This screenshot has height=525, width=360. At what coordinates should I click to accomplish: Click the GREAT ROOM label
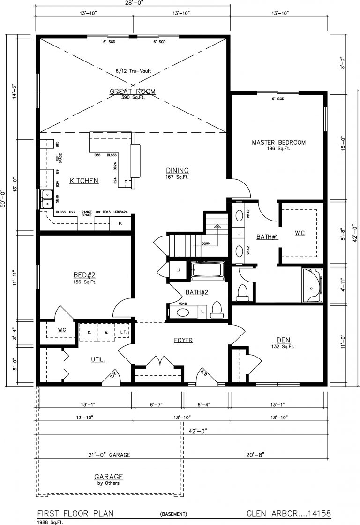132,91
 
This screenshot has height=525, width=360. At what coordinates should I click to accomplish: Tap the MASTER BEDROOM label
278,142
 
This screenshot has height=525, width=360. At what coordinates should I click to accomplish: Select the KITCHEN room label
84,181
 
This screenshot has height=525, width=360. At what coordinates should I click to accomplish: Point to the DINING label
177,170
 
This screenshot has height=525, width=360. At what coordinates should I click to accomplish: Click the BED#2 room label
84,275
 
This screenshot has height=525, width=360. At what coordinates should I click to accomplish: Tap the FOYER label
183,340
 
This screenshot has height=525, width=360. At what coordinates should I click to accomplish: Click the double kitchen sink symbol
47,199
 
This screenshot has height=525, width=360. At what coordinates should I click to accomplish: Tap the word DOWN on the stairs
206,244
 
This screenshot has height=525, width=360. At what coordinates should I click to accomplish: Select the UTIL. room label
97,359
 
